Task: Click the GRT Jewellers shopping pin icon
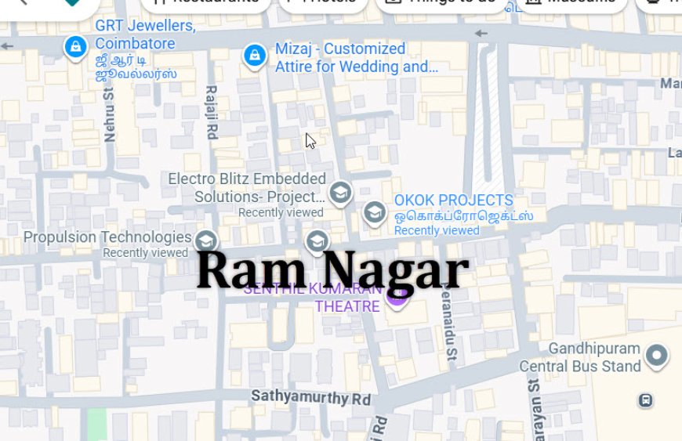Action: [x=75, y=48]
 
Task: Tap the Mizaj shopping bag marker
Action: [x=253, y=56]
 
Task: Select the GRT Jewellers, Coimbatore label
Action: [x=145, y=34]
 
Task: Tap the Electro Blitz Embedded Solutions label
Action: [x=247, y=188]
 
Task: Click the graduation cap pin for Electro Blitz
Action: [x=340, y=192]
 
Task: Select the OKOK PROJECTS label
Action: [x=454, y=201]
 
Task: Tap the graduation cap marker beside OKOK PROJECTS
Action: [x=375, y=211]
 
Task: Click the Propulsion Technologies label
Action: [x=107, y=237]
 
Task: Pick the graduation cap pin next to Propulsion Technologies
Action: [x=206, y=239]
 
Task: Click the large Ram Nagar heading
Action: [x=332, y=270]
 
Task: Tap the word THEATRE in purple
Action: [x=347, y=305]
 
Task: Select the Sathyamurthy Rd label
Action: [x=310, y=397]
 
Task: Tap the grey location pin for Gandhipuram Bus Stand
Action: [x=657, y=356]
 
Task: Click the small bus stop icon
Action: [x=645, y=400]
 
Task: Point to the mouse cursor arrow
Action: [x=310, y=140]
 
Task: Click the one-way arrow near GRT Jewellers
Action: [x=8, y=46]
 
